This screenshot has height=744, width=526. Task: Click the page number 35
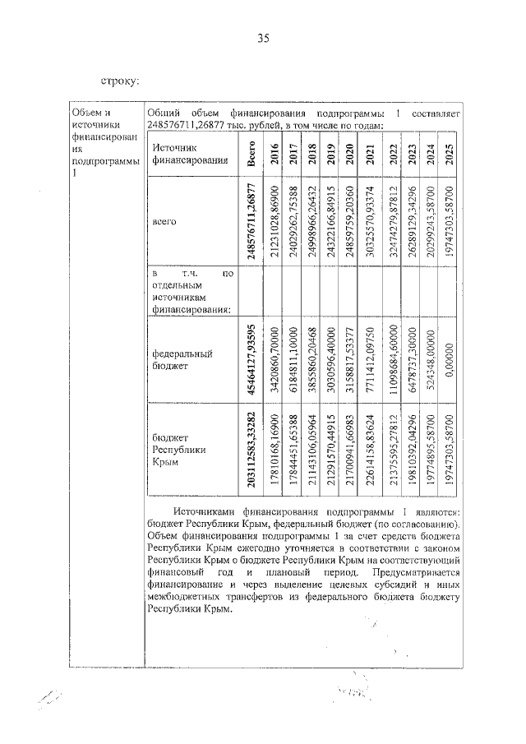[x=263, y=39]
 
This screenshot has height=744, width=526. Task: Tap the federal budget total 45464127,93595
[x=251, y=359]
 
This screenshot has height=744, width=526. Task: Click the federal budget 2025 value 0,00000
[x=449, y=359]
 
